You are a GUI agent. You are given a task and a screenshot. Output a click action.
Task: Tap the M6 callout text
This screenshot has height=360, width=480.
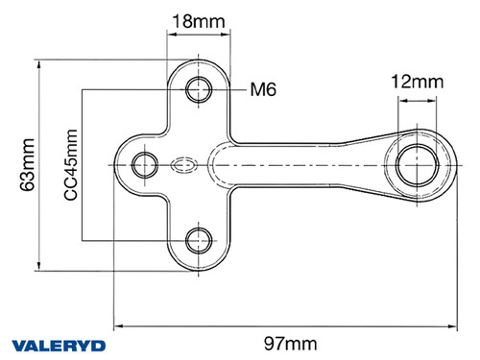(262, 90)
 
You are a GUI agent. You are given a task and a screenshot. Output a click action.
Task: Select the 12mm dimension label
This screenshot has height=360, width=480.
(417, 83)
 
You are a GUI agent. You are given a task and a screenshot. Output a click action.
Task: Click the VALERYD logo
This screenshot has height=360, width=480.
(60, 344)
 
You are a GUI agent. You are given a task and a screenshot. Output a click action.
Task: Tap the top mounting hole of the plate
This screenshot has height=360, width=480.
(201, 90)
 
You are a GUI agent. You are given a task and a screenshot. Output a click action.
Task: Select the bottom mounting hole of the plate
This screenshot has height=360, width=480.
(201, 237)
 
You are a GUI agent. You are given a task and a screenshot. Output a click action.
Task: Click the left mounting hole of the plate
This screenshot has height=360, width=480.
(145, 163)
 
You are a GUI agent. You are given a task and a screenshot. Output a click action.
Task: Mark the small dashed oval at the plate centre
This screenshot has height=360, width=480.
(184, 164)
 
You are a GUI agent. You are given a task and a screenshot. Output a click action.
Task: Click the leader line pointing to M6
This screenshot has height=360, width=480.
(230, 90)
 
